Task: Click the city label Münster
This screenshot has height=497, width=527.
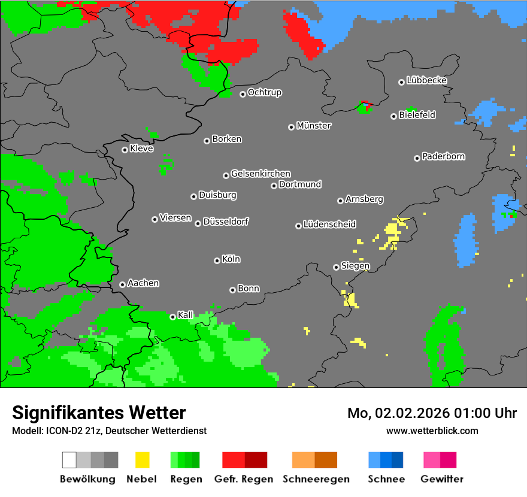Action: tap(314, 126)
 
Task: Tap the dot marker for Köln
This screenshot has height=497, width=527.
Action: tap(217, 260)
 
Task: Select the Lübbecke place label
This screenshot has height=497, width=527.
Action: tap(426, 80)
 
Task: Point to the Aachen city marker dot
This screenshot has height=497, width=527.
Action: tap(122, 284)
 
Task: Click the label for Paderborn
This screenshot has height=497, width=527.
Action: tap(443, 156)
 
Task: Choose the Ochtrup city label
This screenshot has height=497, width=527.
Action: tap(264, 93)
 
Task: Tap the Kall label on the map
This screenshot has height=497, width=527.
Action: tap(186, 315)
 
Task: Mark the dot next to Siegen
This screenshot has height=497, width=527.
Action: tap(336, 267)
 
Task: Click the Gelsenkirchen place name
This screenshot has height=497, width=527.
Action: tap(261, 174)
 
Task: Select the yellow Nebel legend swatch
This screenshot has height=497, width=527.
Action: tap(142, 460)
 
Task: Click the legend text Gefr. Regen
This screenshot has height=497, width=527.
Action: tap(244, 479)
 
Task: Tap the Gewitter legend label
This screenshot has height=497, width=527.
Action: tap(442, 479)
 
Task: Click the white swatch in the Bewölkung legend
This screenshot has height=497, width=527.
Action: tap(69, 460)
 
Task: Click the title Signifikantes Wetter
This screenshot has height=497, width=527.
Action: tap(99, 413)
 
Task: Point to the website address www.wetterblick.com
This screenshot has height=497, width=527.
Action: tap(432, 431)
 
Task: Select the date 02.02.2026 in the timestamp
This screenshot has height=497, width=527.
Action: tap(405, 413)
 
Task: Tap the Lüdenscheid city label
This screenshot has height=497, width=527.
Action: tap(329, 225)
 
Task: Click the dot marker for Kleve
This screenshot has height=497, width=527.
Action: tap(125, 150)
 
